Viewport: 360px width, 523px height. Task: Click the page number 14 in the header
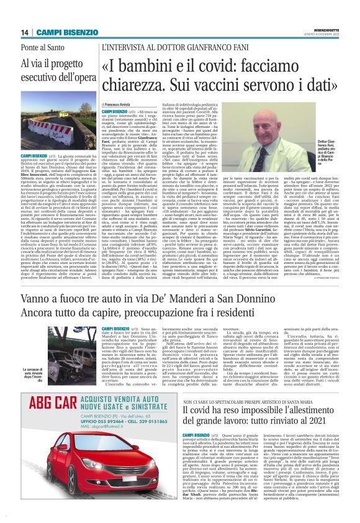pyautogui.click(x=25, y=32)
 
